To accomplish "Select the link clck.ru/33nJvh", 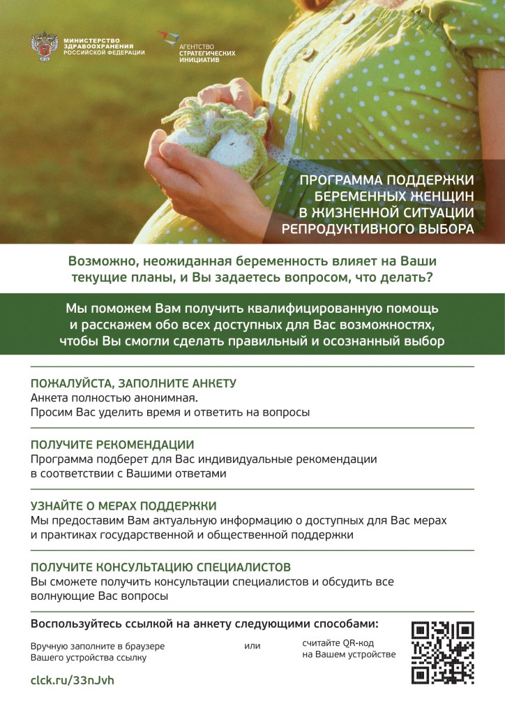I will click(x=72, y=680).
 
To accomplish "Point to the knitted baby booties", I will click(x=216, y=133).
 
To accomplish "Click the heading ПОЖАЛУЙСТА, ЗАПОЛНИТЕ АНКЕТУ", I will click(x=133, y=383).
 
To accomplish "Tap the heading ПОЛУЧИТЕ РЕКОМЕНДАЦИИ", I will click(x=112, y=444).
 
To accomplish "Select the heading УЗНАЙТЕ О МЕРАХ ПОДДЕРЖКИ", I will click(x=123, y=506).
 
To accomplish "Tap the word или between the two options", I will click(x=252, y=646).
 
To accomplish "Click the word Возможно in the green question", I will click(x=100, y=261).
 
